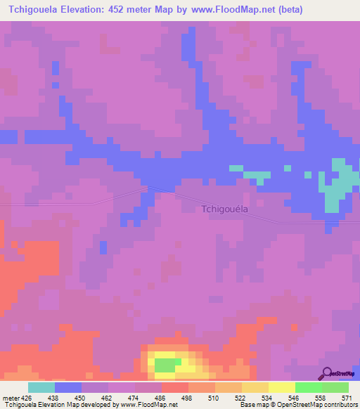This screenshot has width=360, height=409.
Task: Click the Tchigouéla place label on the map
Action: pyautogui.click(x=224, y=208)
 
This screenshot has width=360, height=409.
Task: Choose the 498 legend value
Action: pyautogui.click(x=188, y=397)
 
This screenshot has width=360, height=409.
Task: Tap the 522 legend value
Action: pyautogui.click(x=240, y=397)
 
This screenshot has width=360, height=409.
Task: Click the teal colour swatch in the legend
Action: pyautogui.click(x=41, y=387)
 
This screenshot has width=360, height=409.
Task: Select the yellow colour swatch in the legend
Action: pyautogui.click(x=281, y=387)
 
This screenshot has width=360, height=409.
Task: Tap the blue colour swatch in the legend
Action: pyautogui.click(x=68, y=387)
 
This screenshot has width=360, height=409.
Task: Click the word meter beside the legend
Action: pyautogui.click(x=11, y=397)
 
